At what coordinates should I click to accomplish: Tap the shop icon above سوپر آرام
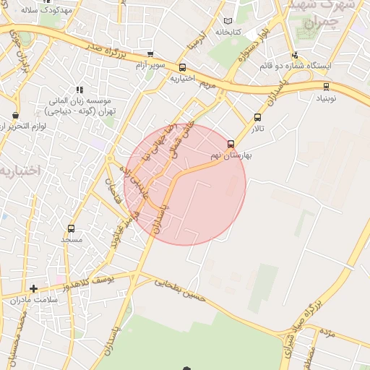click(150, 54)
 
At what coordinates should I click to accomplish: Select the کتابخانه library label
click(227, 33)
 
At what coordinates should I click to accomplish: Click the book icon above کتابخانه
click(228, 22)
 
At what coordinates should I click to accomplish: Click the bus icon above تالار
click(258, 117)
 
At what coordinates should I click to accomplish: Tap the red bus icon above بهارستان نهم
click(231, 144)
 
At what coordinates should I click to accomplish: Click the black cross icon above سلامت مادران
click(33, 288)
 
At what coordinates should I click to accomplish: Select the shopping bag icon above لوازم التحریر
click(16, 115)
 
